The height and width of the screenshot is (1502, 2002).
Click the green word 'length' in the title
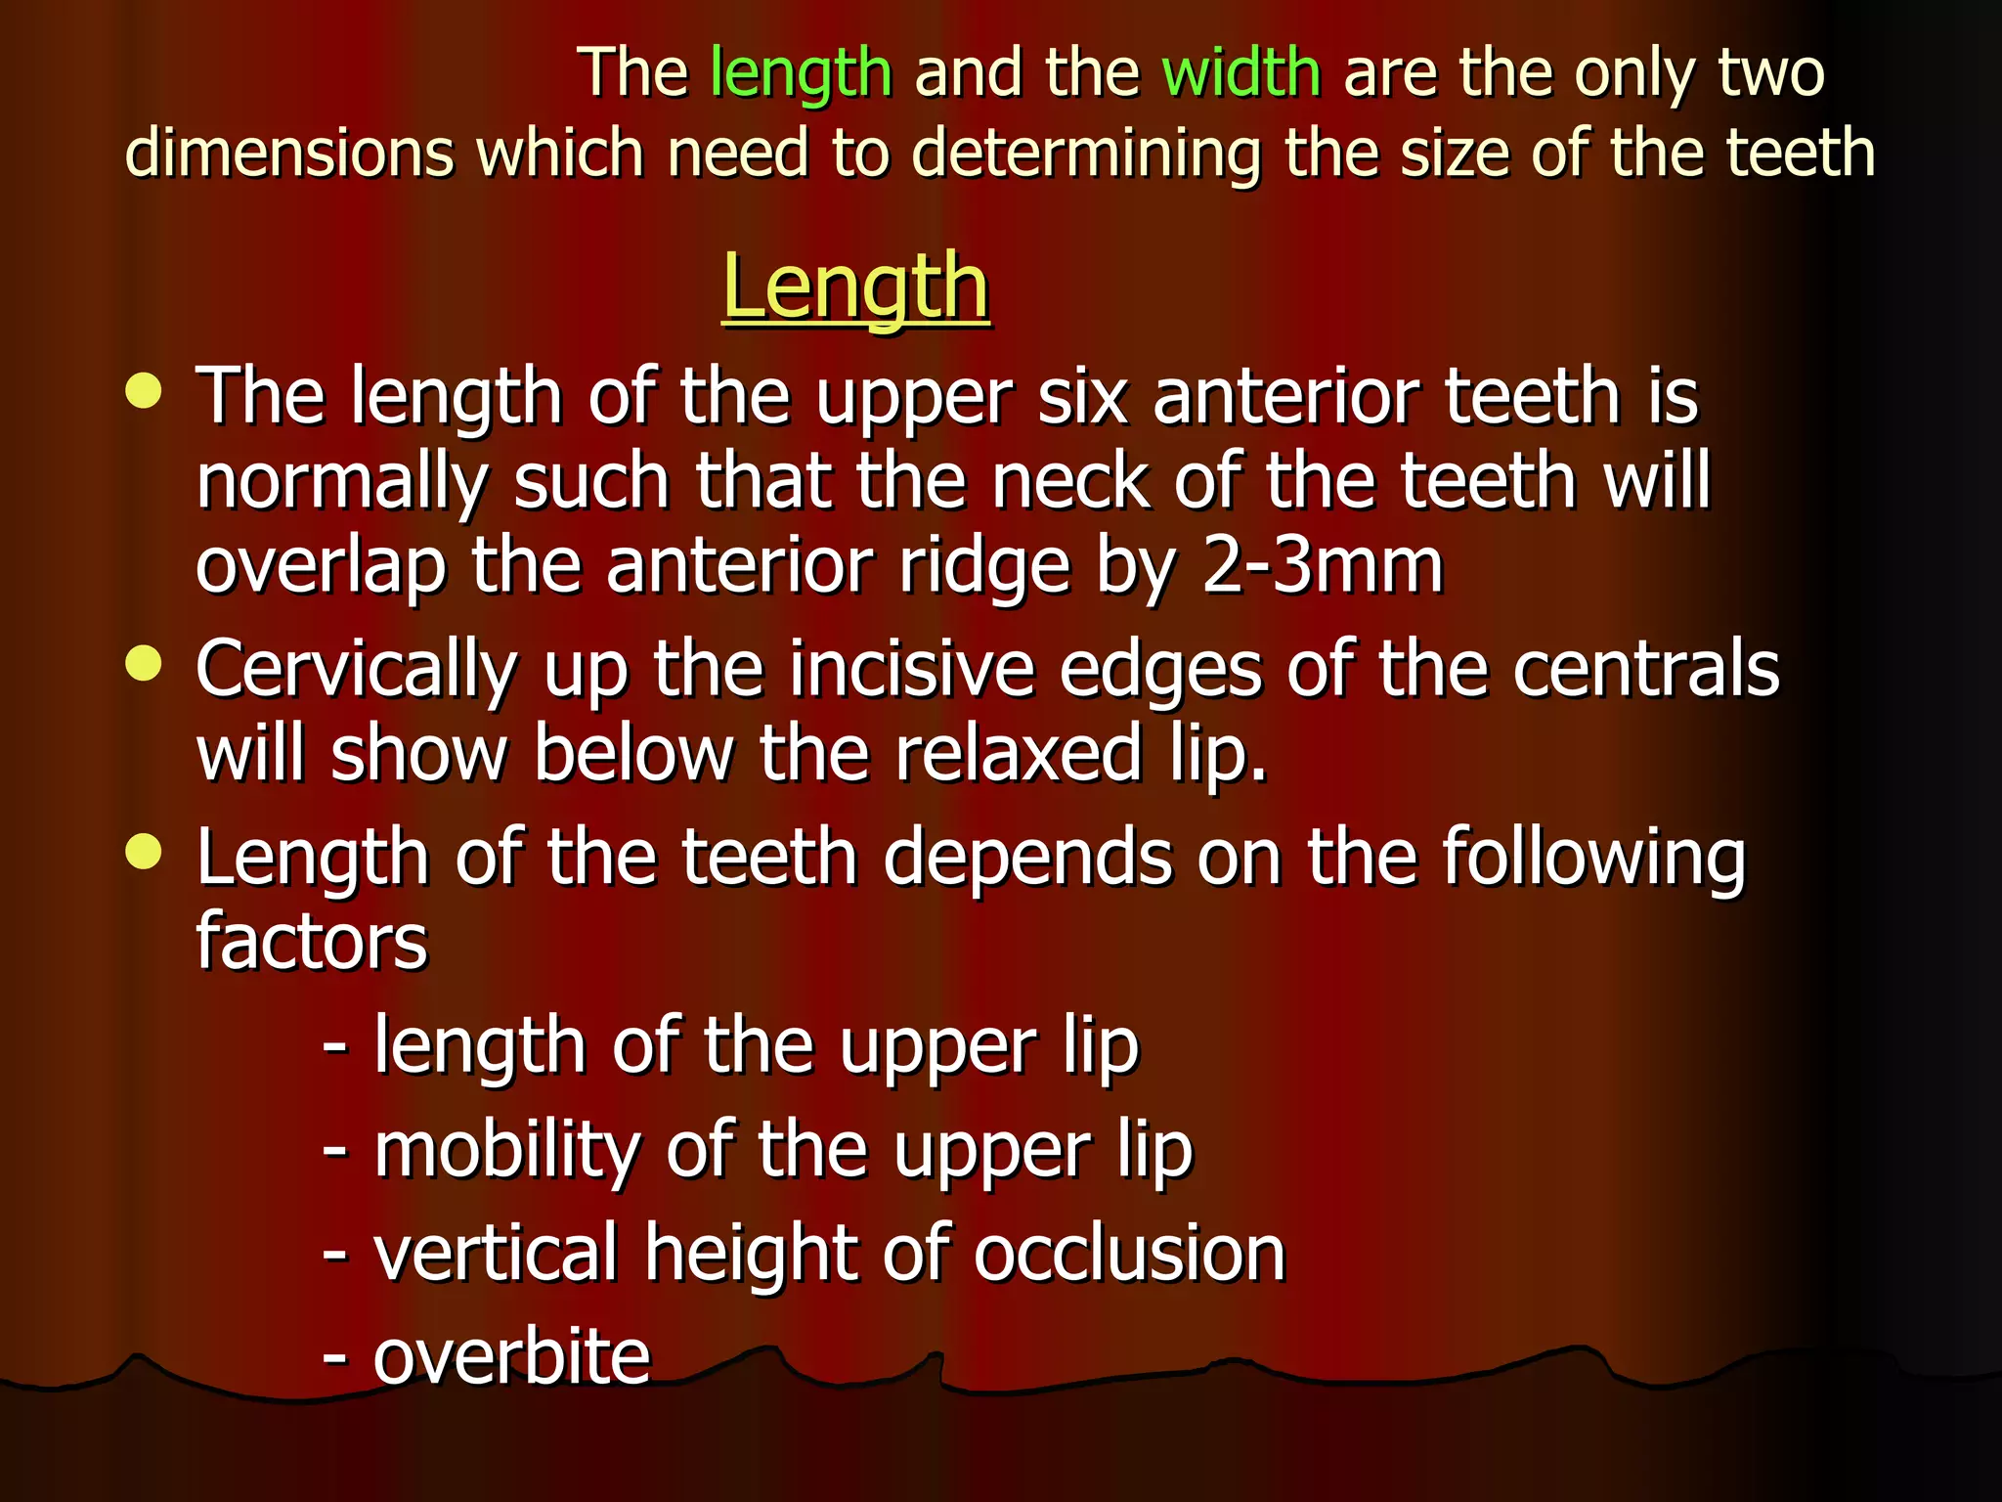click(801, 74)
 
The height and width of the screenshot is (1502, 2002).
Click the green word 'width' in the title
click(1240, 74)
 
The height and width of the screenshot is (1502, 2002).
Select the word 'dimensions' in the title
click(290, 154)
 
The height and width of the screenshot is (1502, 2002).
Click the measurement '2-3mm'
click(1323, 566)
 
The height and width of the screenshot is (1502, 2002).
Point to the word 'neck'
click(1070, 481)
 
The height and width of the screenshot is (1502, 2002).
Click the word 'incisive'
click(912, 670)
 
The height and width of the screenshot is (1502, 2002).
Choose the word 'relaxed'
click(1018, 754)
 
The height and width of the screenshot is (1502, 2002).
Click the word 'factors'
click(312, 941)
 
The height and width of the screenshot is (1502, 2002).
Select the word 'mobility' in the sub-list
click(507, 1150)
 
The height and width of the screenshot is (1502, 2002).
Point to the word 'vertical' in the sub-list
click(497, 1253)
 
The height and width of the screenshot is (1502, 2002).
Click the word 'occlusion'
click(1129, 1255)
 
